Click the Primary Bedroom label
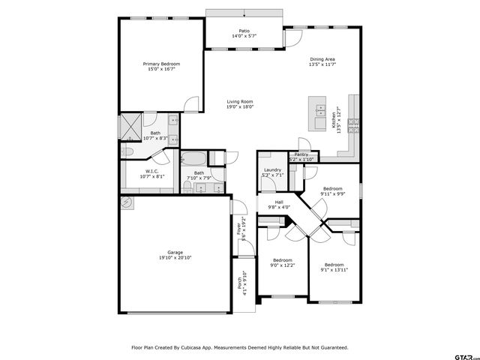(x=161, y=64)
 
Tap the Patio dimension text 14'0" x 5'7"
(x=244, y=36)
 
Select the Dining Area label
(x=322, y=59)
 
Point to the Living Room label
(x=240, y=101)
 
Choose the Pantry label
(x=301, y=154)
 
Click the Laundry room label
(x=272, y=170)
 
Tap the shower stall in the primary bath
(x=130, y=124)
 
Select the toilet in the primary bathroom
(x=128, y=152)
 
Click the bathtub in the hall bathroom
(x=193, y=159)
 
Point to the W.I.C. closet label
(x=149, y=172)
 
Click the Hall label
(x=278, y=202)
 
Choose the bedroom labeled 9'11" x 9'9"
(x=332, y=193)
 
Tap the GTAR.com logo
(x=463, y=349)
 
